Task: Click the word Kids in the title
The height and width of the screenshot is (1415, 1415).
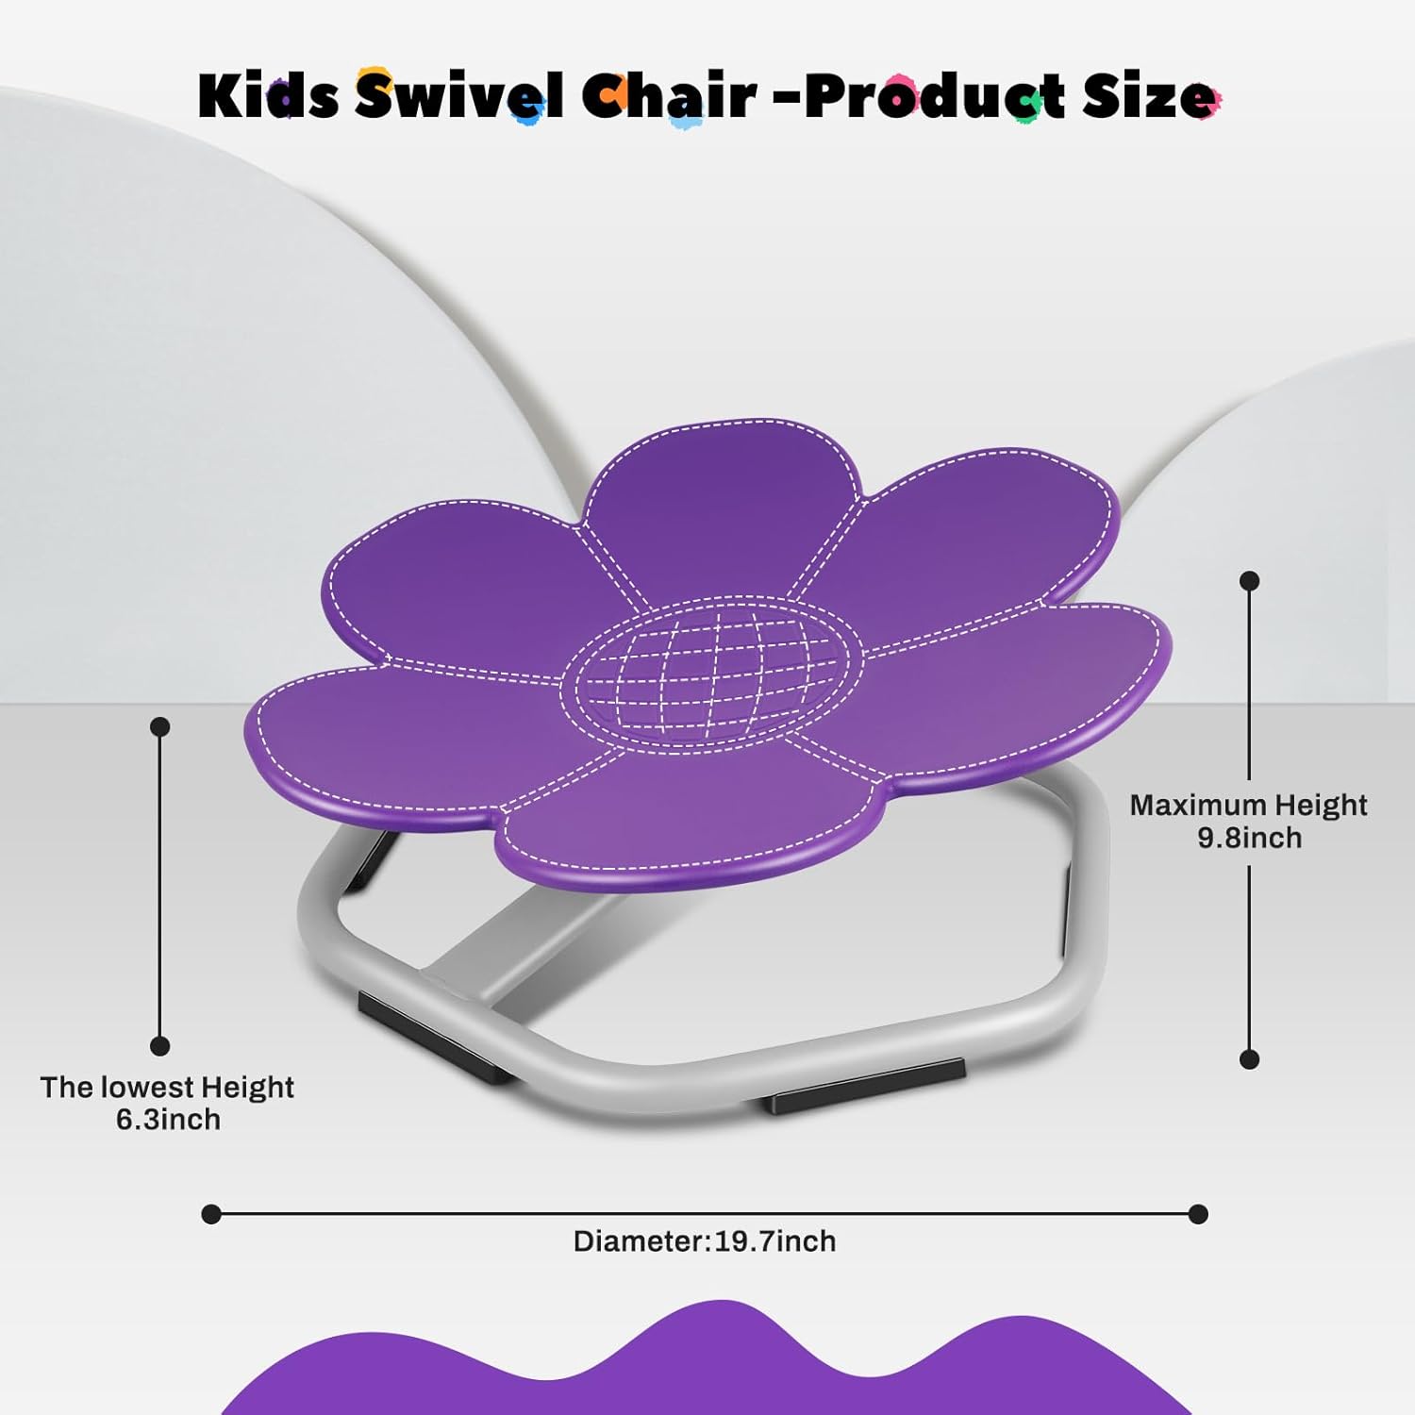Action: [x=268, y=95]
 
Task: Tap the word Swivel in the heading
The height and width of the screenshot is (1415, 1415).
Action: [x=460, y=95]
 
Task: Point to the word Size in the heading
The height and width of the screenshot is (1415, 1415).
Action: [x=1150, y=95]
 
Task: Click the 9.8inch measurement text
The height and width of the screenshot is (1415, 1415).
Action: [x=1249, y=838]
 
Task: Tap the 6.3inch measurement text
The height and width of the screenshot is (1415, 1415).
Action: [x=168, y=1120]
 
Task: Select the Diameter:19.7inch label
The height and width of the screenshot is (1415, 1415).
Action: [x=705, y=1241]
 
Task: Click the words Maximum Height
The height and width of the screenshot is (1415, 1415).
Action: [x=1248, y=805]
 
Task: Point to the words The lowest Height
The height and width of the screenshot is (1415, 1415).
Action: [x=167, y=1088]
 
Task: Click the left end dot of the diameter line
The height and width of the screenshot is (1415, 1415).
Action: [x=211, y=1214]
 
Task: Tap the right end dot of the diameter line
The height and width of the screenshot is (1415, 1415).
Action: [x=1198, y=1214]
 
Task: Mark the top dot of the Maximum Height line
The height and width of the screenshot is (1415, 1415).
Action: [x=1250, y=581]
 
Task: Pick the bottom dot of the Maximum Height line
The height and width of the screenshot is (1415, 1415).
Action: [x=1250, y=1059]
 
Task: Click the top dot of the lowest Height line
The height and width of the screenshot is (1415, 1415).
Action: [x=160, y=726]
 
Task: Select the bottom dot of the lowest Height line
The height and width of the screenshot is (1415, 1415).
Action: [x=160, y=1045]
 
